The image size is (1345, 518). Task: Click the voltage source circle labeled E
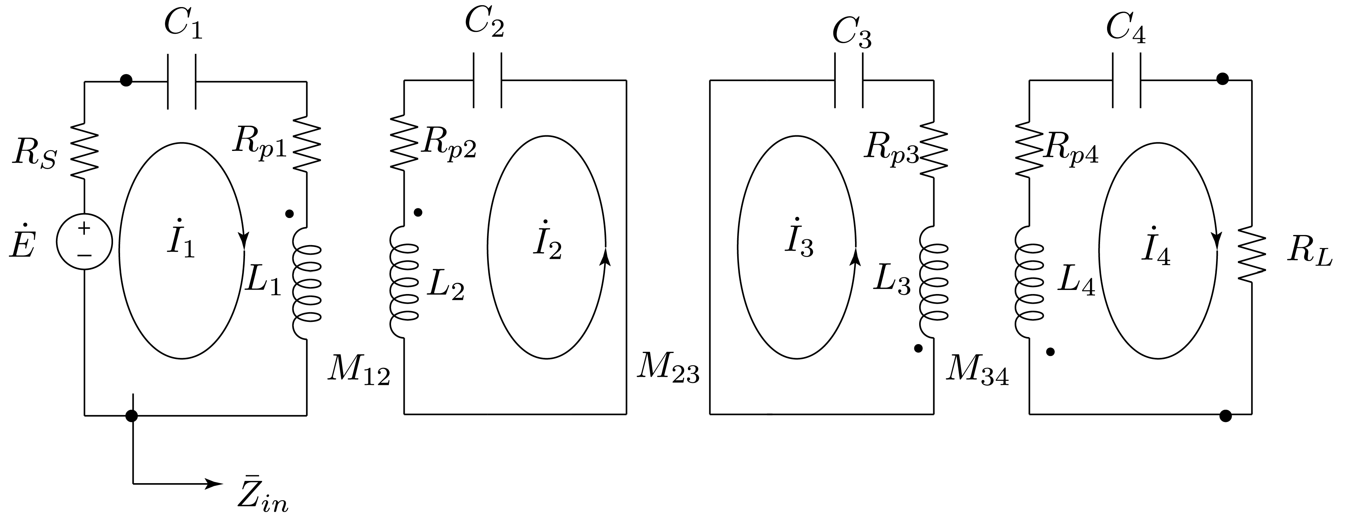(85, 242)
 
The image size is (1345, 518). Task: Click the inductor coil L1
(307, 284)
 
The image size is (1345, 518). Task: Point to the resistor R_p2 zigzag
(404, 141)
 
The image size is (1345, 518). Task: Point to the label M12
(359, 372)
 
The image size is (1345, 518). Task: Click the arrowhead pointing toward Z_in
(214, 484)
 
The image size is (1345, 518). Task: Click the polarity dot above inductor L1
(290, 214)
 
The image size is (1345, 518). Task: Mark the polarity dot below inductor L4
(1050, 352)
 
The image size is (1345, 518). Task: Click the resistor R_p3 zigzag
(934, 149)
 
